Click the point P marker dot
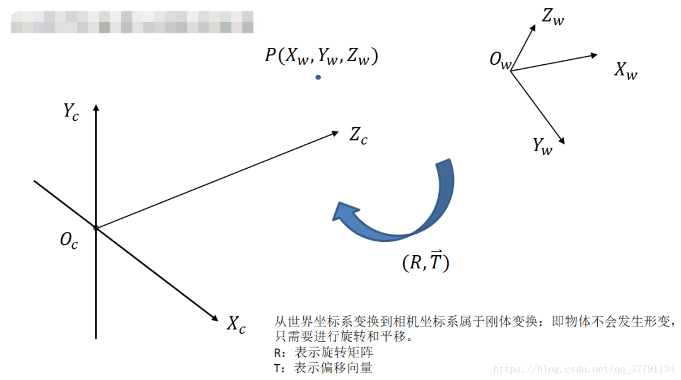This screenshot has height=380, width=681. (318, 78)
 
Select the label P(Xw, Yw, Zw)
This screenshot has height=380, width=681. (321, 56)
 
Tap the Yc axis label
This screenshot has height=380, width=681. (71, 112)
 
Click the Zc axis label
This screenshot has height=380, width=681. (358, 135)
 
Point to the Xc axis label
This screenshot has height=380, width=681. (236, 325)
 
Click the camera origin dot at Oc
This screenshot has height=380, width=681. (96, 227)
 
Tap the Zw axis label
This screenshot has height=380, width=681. (553, 18)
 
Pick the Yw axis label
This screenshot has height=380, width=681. (542, 146)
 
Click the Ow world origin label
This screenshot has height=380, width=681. (501, 61)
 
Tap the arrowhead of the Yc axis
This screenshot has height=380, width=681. (96, 109)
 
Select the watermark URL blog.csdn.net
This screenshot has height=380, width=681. (583, 368)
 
